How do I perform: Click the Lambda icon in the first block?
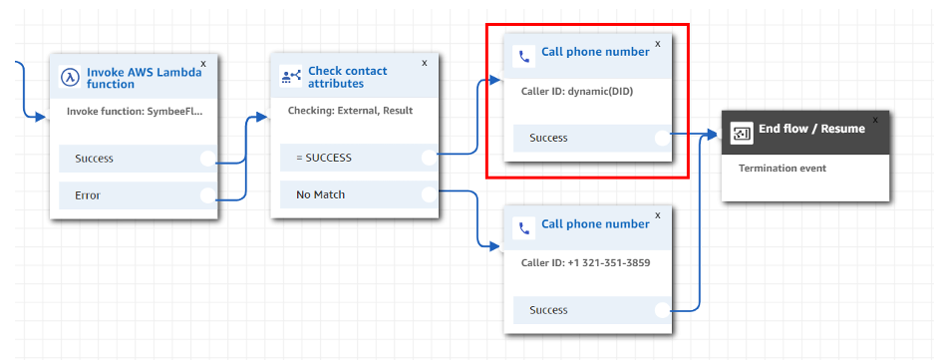pyautogui.click(x=70, y=77)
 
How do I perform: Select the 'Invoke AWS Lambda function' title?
pyautogui.click(x=145, y=78)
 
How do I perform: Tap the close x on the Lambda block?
pyautogui.click(x=203, y=63)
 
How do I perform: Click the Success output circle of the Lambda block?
pyautogui.click(x=208, y=159)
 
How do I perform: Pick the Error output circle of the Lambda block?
pyautogui.click(x=208, y=194)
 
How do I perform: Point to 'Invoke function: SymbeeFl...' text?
pyautogui.click(x=135, y=111)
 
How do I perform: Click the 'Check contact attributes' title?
pyautogui.click(x=347, y=78)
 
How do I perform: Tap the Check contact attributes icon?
pyautogui.click(x=291, y=77)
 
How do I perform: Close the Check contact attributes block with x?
pyautogui.click(x=424, y=63)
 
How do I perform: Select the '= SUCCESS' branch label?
pyautogui.click(x=323, y=158)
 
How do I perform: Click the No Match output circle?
pyautogui.click(x=429, y=194)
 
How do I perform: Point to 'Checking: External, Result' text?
pyautogui.click(x=350, y=111)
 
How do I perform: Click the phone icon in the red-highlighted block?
pyautogui.click(x=524, y=57)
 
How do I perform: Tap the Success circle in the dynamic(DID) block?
pyautogui.click(x=663, y=138)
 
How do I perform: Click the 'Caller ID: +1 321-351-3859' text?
pyautogui.click(x=585, y=263)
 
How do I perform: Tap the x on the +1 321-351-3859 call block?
pyautogui.click(x=658, y=215)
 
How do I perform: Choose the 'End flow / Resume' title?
pyautogui.click(x=811, y=129)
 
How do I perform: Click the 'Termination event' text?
pyautogui.click(x=782, y=169)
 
